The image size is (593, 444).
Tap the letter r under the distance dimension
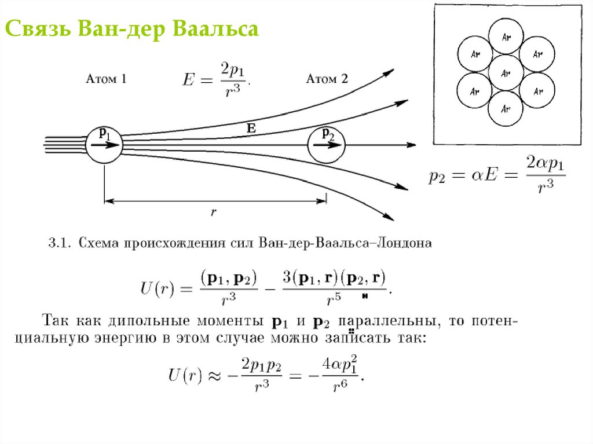tap(214, 212)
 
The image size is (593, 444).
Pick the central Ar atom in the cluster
tap(506, 73)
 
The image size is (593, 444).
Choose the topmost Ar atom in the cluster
tap(507, 37)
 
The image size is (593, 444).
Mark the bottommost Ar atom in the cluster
tap(506, 108)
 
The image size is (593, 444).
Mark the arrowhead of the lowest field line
tap(391, 218)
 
